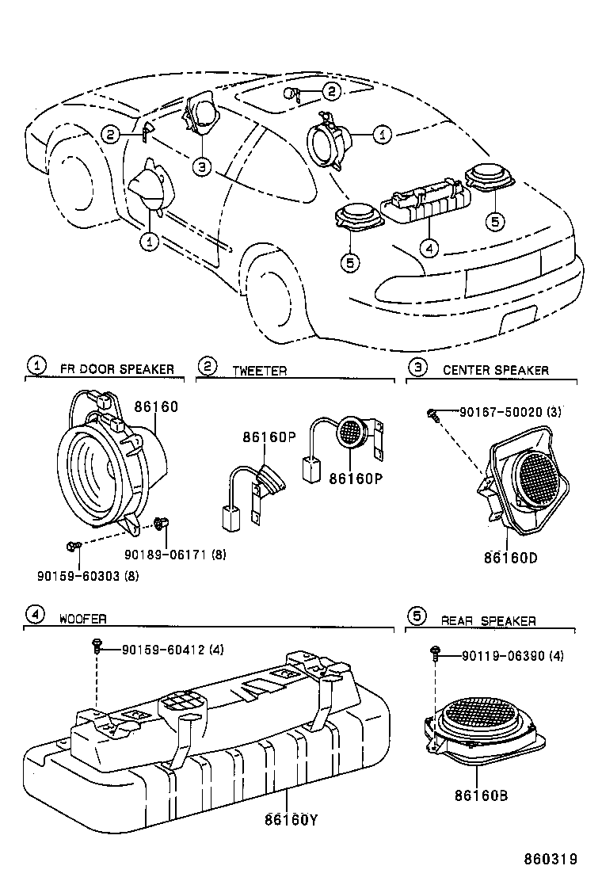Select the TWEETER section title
point(259,370)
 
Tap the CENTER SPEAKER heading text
point(495,370)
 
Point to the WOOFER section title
point(82,619)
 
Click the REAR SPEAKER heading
point(489,621)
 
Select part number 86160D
point(510,557)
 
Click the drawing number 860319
point(551,858)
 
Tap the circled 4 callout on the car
point(429,248)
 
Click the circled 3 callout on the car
point(202,166)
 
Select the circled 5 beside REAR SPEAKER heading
point(417,615)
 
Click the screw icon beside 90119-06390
point(435,652)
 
